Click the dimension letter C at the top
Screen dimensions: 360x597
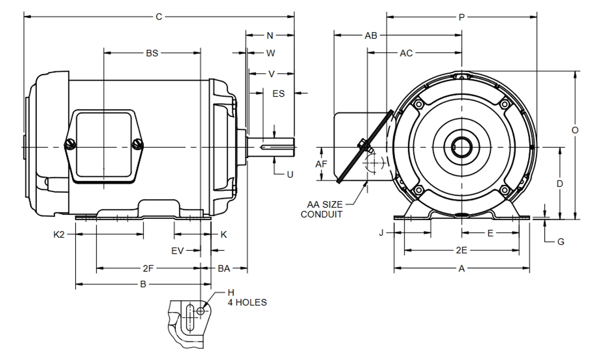159,17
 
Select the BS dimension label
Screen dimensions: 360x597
152,53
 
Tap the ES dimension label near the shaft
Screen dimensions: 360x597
278,93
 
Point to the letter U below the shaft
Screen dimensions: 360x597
290,175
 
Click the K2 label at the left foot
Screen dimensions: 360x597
59,235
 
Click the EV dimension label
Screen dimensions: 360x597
178,251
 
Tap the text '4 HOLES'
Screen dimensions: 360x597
247,302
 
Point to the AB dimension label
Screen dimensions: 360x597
371,35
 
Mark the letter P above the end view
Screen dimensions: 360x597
462,18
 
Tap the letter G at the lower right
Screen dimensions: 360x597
561,242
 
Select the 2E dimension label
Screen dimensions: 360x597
461,250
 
